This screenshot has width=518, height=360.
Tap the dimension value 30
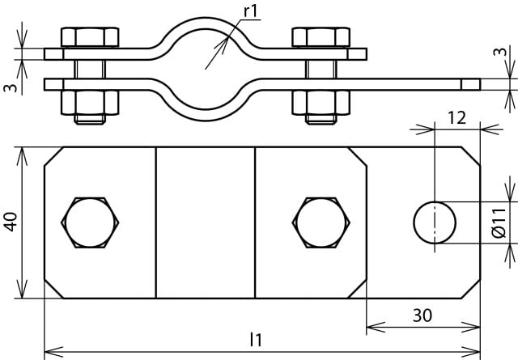click(x=423, y=316)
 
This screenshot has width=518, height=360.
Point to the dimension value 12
click(x=456, y=118)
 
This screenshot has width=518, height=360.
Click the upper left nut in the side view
click(x=91, y=37)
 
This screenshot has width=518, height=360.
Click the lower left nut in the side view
click(x=91, y=101)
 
